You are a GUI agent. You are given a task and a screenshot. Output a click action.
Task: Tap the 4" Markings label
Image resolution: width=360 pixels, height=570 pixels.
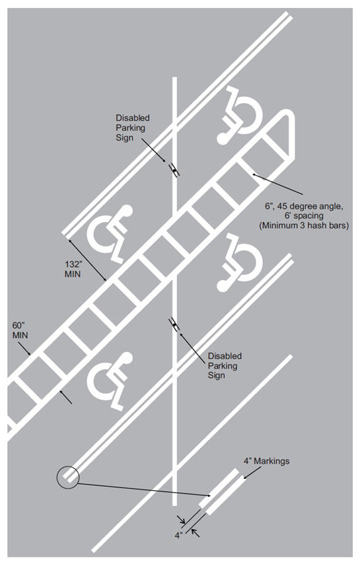[x=268, y=461]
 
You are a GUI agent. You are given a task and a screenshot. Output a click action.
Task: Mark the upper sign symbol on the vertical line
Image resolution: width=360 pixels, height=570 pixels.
[x=174, y=169]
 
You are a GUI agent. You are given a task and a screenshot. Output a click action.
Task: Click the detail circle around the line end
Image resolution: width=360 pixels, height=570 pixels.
[x=68, y=476]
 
